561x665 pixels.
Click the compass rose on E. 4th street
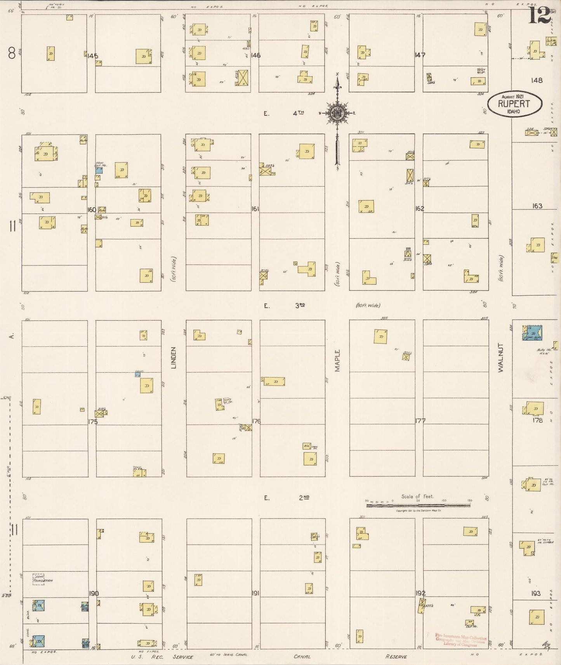(x=337, y=113)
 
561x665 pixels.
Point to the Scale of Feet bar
(x=418, y=505)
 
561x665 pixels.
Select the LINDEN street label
(x=173, y=357)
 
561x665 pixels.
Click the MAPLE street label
(x=337, y=360)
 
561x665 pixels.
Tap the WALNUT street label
(x=501, y=358)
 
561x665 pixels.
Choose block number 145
(x=92, y=56)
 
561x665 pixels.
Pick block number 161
(x=255, y=209)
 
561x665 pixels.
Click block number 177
(x=420, y=421)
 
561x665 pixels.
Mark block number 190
(x=94, y=593)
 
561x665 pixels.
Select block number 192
(x=420, y=593)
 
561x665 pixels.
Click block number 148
(x=537, y=80)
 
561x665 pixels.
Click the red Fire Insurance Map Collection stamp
(x=460, y=640)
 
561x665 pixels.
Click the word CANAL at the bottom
(x=302, y=657)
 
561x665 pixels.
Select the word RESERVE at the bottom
(x=396, y=657)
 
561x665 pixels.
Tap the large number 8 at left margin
(x=12, y=54)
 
